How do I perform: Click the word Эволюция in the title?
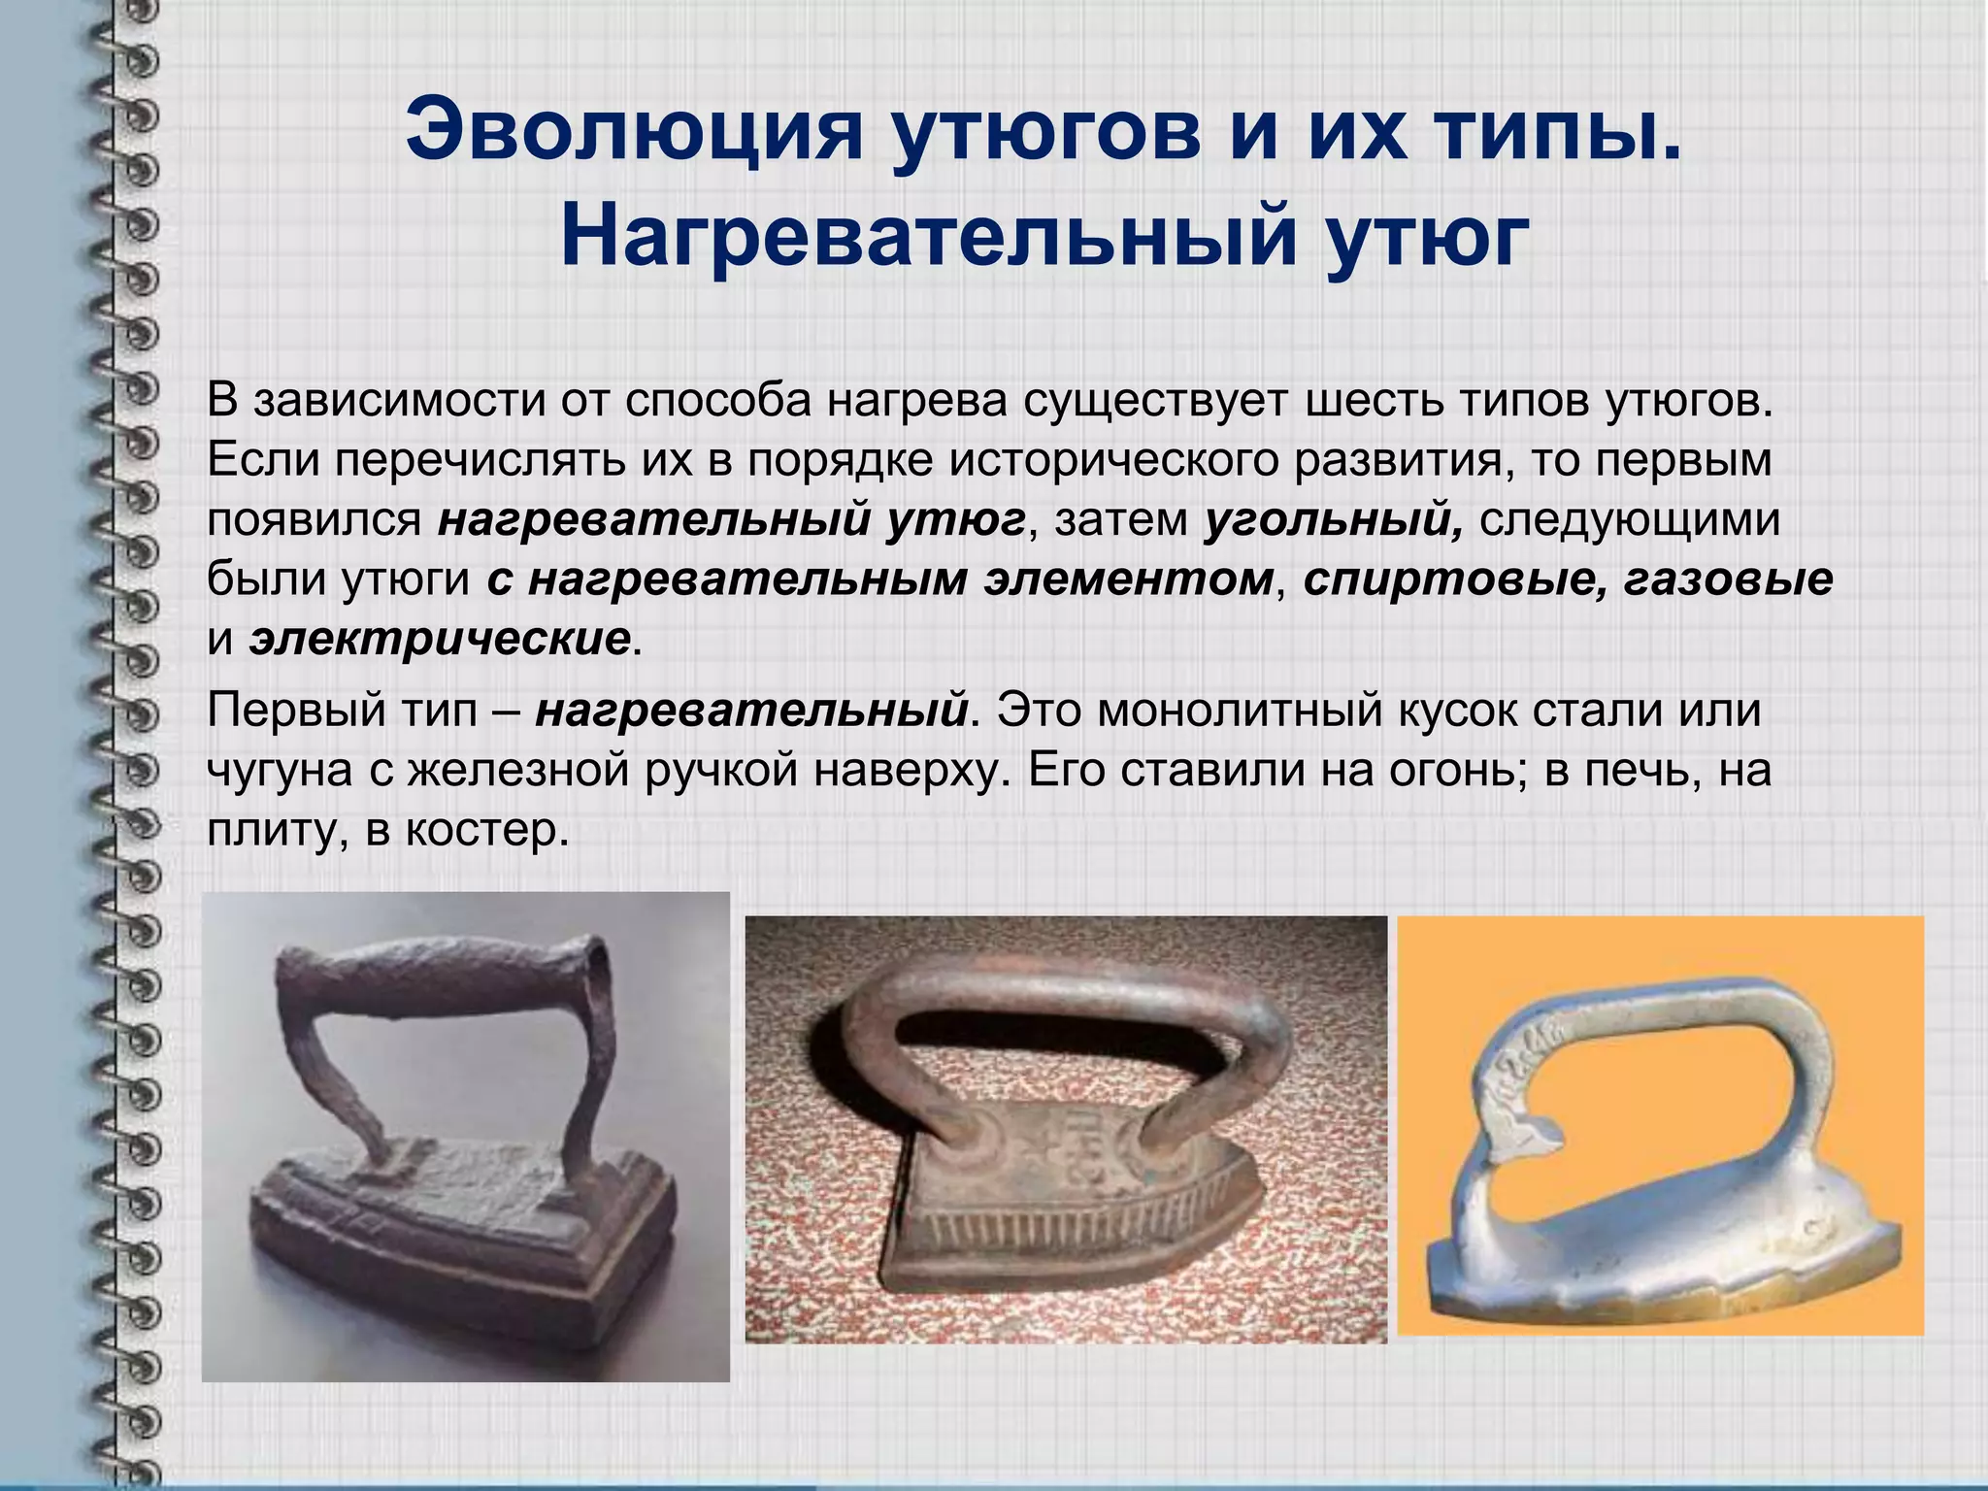(634, 129)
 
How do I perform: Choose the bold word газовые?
(1728, 580)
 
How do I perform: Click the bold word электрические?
(440, 640)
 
